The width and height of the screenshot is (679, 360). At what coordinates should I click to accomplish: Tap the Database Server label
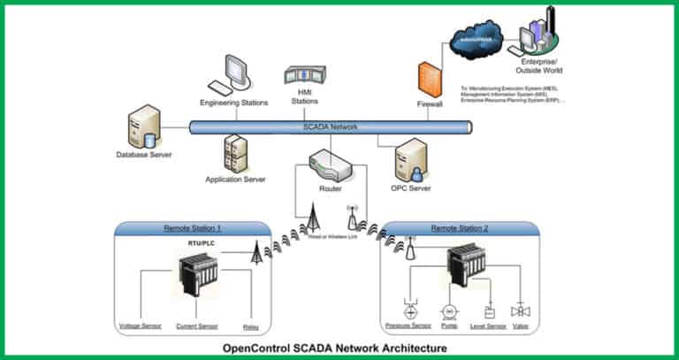143,155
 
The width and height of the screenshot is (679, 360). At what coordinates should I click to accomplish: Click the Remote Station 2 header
460,228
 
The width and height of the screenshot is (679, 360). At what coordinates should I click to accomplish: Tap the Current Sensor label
196,326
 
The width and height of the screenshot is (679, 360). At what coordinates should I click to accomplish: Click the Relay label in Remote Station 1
251,326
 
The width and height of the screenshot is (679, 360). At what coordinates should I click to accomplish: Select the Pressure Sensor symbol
410,312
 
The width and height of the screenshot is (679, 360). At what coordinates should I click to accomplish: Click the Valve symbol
522,312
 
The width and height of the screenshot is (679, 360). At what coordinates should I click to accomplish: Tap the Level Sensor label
487,326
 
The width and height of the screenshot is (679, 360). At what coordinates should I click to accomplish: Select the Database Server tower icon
146,125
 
